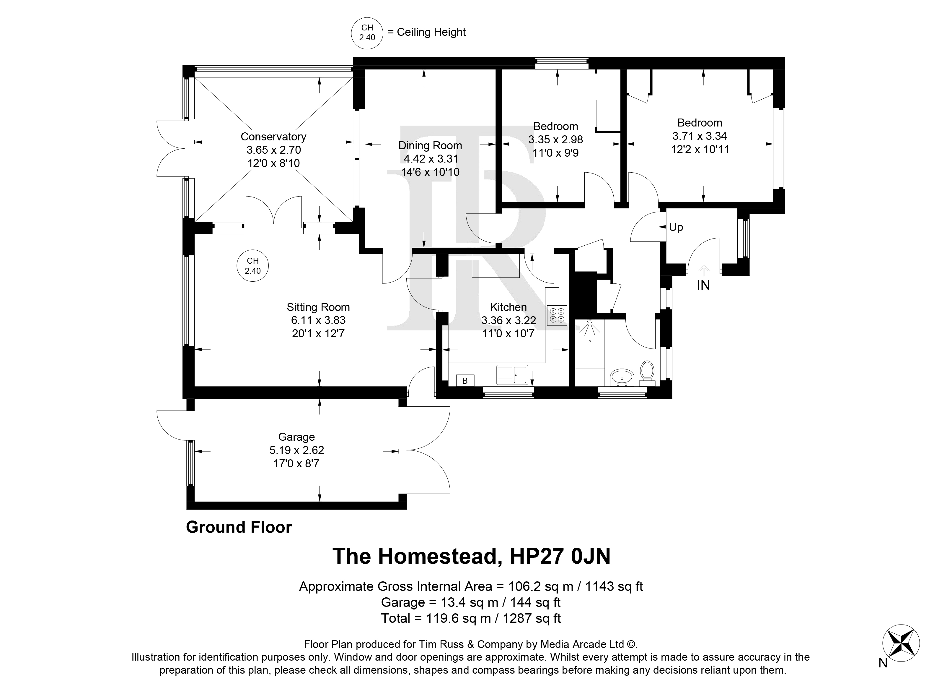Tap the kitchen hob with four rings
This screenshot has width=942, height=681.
tap(557, 315)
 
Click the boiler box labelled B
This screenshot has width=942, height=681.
tap(465, 380)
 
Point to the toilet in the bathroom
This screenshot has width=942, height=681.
tap(647, 371)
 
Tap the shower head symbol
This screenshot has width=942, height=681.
tap(589, 329)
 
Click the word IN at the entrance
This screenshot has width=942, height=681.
tap(703, 285)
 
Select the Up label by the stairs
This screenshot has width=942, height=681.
tap(676, 227)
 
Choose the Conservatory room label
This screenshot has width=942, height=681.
tap(273, 136)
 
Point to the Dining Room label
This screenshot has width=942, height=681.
tap(430, 145)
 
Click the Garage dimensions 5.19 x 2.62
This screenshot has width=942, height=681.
tap(296, 450)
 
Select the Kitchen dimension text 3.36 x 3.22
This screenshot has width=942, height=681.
tap(509, 320)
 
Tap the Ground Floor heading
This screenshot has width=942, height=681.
tap(239, 527)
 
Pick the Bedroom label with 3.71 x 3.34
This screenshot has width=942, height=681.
tap(700, 123)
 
